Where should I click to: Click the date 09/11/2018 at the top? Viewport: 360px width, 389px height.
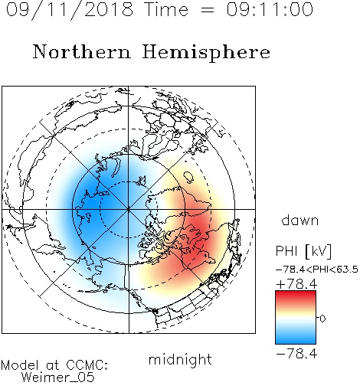click(70, 10)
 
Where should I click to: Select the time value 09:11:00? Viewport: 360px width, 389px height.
click(270, 9)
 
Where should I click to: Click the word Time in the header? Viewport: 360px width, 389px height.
click(166, 9)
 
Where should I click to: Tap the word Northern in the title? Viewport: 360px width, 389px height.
click(82, 51)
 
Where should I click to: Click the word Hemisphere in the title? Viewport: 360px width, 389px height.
click(206, 53)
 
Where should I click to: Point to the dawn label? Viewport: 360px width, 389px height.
click(300, 220)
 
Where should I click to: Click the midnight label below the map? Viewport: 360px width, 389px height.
click(180, 359)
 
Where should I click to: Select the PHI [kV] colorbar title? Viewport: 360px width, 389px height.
click(303, 251)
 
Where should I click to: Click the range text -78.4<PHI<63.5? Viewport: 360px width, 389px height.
click(317, 270)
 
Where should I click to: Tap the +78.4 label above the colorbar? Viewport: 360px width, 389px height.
click(296, 284)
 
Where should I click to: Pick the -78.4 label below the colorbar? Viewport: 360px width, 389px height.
click(296, 354)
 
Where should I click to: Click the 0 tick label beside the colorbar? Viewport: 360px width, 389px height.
click(322, 319)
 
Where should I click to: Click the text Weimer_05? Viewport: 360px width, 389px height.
click(58, 378)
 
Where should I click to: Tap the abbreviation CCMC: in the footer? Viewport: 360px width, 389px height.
click(87, 365)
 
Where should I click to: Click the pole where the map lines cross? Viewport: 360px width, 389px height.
click(129, 209)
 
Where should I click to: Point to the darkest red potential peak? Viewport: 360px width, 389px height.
click(197, 243)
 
